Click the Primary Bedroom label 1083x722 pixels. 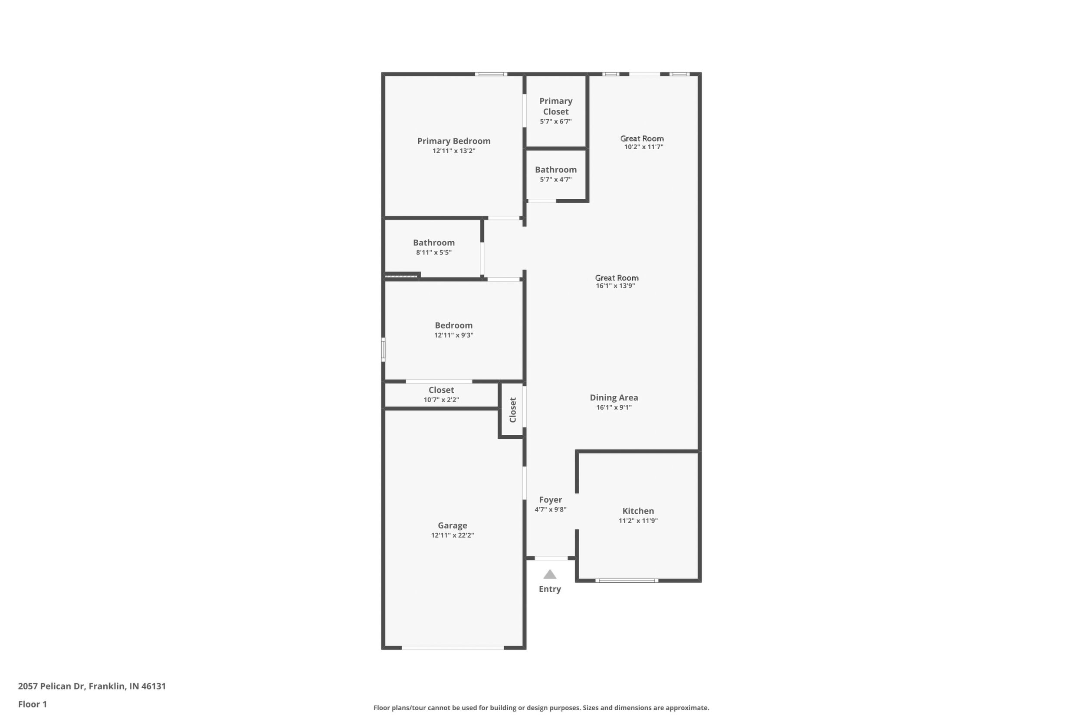coord(453,141)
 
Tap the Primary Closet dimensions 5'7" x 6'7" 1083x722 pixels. coord(556,121)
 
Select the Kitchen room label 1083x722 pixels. coord(638,511)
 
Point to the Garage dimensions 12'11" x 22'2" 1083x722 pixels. coord(453,535)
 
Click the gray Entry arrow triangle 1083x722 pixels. coord(550,574)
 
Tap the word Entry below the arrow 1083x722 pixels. coord(550,589)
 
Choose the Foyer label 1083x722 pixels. coord(551,499)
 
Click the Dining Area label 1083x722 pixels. coord(614,397)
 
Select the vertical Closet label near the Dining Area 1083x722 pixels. coord(512,410)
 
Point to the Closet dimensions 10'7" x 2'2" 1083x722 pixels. coord(441,400)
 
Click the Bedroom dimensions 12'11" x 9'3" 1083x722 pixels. coord(453,335)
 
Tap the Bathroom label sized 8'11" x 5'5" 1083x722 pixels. coord(434,243)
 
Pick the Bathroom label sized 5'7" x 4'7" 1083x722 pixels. coord(556,170)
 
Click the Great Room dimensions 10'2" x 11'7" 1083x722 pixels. coord(644,147)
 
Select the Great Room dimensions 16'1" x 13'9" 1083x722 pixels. coord(616,286)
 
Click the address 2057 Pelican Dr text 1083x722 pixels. coord(52,686)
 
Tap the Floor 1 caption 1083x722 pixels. coord(32,704)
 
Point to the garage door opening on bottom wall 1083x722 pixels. coord(453,648)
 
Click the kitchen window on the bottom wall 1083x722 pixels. coord(627,581)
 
